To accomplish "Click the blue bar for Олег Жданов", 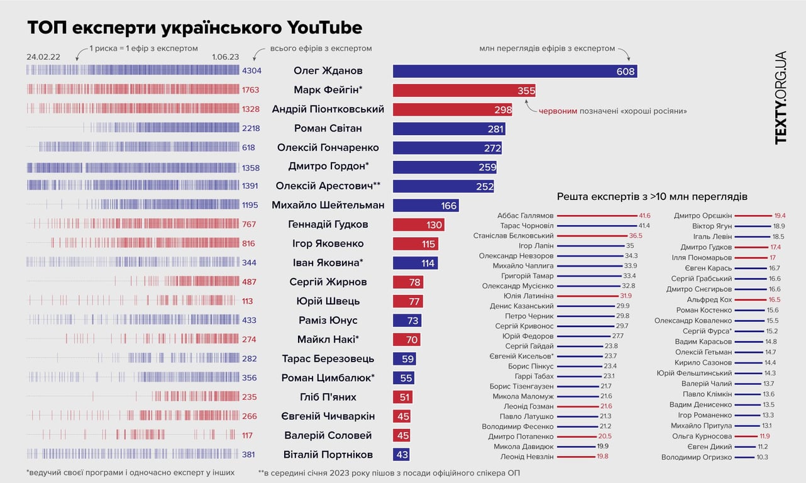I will point(514,72).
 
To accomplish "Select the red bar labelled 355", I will point(464,91).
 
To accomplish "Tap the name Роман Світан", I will point(328,129).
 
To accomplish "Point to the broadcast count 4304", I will point(251,71).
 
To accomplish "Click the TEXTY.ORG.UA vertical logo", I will point(781,97).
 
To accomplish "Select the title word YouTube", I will point(324,28).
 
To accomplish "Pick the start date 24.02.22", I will point(43,57).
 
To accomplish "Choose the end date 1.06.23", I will point(225,57).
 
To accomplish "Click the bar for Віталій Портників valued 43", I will point(401,455).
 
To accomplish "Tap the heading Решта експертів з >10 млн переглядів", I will point(653,196).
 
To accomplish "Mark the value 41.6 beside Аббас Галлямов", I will point(644,216).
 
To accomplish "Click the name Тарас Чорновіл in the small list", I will point(527,226).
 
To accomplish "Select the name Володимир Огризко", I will point(697,457).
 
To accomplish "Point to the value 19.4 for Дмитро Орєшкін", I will point(780,216).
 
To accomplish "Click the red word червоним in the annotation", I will point(559,111).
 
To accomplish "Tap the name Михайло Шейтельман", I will point(328,206).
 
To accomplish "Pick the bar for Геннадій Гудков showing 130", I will point(418,225).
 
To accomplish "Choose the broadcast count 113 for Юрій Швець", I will point(247,301).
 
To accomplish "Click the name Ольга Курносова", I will point(702,436).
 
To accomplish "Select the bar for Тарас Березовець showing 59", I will point(404,359).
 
